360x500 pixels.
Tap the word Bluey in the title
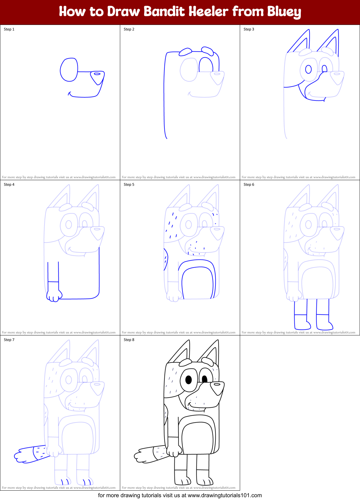pos(284,12)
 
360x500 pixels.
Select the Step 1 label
pos(9,29)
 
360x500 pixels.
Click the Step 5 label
pos(129,185)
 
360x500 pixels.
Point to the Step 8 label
pos(129,340)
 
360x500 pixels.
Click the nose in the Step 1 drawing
pos(97,77)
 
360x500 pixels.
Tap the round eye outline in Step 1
pos(69,70)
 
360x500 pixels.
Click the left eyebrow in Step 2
pos(185,52)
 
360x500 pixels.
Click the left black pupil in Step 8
pos(188,380)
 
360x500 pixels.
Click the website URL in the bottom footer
pos(225,495)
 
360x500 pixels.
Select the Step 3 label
pos(249,29)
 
